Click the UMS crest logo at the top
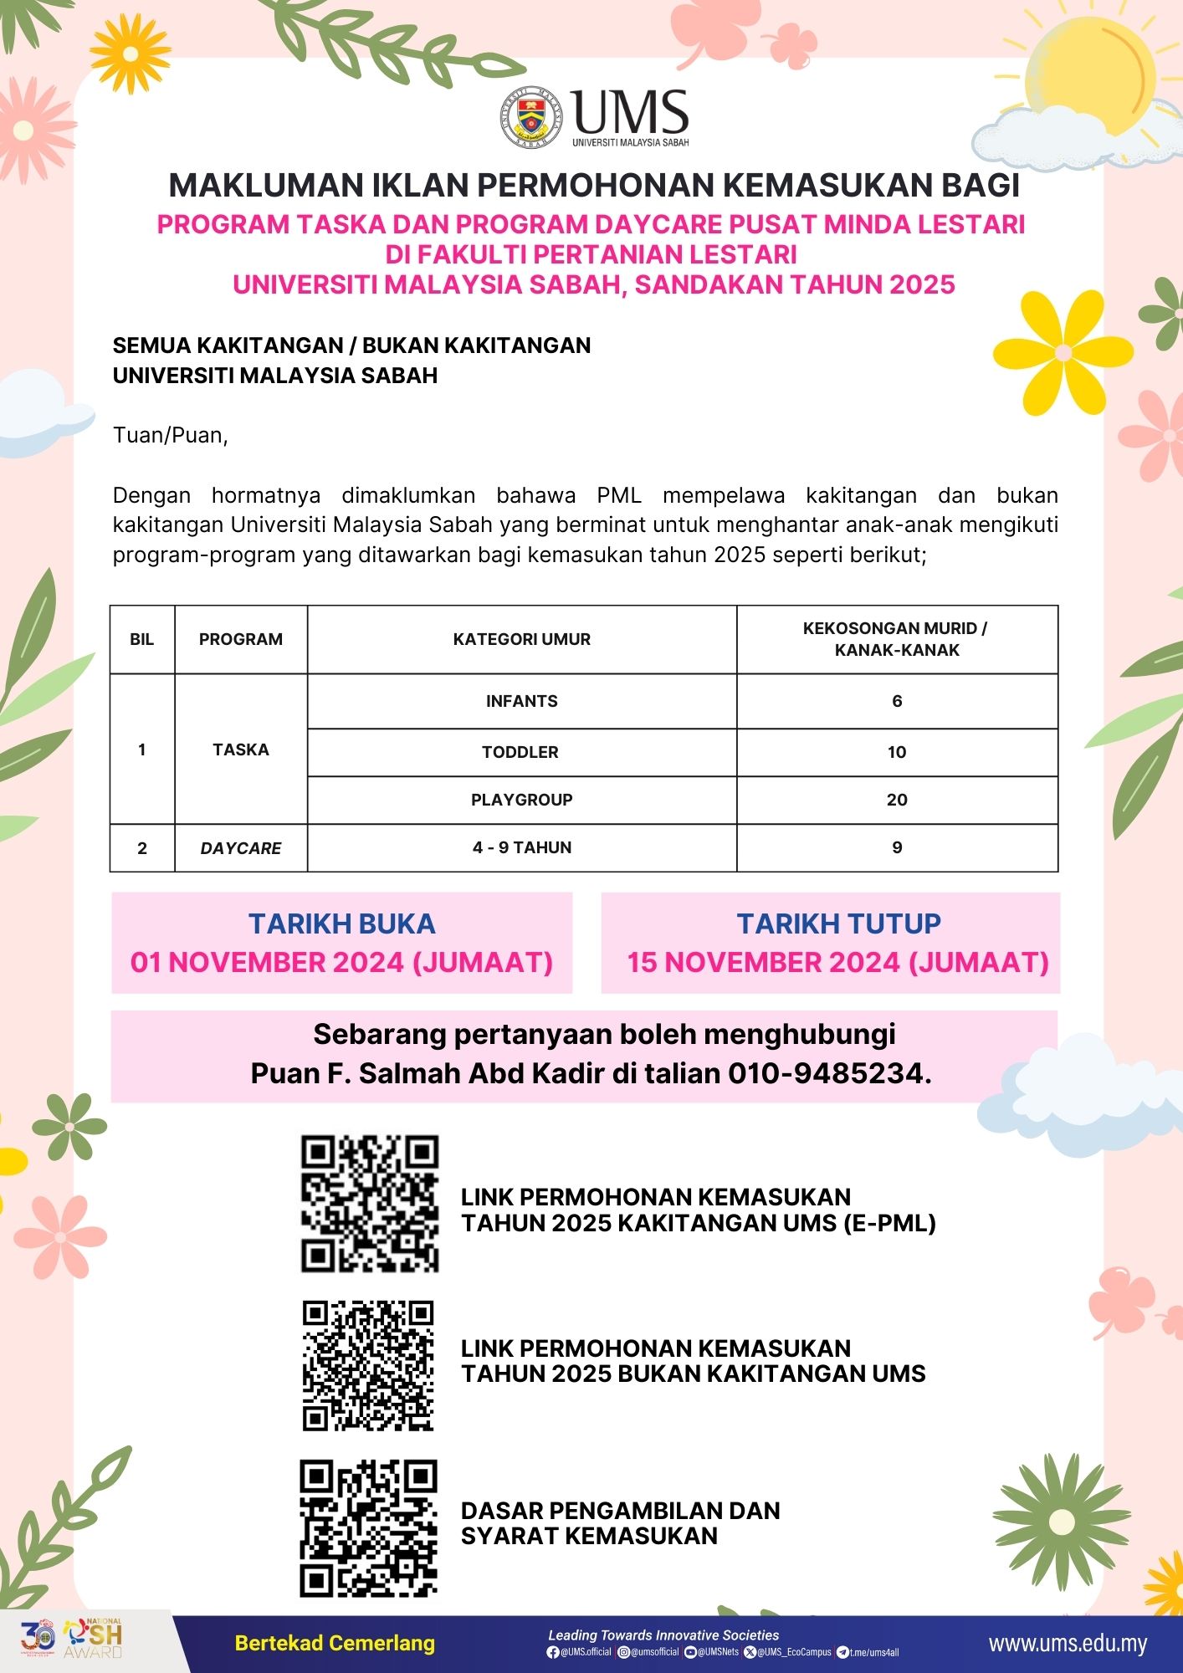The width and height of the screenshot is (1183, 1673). pyautogui.click(x=532, y=118)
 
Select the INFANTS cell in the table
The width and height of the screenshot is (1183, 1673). pyautogui.click(x=521, y=701)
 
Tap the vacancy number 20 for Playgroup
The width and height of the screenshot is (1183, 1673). pyautogui.click(x=897, y=800)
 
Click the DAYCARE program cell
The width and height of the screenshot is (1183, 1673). pyautogui.click(x=241, y=847)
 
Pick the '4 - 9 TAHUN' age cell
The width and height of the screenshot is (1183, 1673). pyautogui.click(x=521, y=847)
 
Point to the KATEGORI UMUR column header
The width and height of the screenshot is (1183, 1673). pyautogui.click(x=521, y=639)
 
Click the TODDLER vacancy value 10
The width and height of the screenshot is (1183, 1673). pyautogui.click(x=897, y=752)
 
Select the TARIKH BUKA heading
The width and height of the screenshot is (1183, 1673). pyautogui.click(x=341, y=923)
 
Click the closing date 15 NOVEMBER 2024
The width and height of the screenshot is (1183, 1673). pyautogui.click(x=837, y=962)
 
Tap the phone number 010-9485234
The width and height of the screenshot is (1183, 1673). pyautogui.click(x=828, y=1073)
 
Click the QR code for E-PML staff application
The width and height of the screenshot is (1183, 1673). pyautogui.click(x=370, y=1204)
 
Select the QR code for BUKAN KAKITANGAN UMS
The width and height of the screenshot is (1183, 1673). pyautogui.click(x=368, y=1365)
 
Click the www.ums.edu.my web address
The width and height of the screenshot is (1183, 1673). pyautogui.click(x=1068, y=1644)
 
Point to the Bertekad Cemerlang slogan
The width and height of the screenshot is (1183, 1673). pyautogui.click(x=335, y=1643)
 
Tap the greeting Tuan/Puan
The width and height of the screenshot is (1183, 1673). pyautogui.click(x=171, y=435)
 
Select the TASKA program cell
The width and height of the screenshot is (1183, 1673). pyautogui.click(x=241, y=750)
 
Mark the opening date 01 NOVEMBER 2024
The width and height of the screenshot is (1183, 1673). pyautogui.click(x=341, y=962)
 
